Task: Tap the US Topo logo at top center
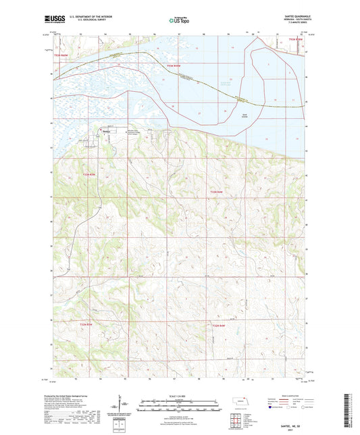[x=180, y=20]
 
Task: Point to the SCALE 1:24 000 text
[x=180, y=396]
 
